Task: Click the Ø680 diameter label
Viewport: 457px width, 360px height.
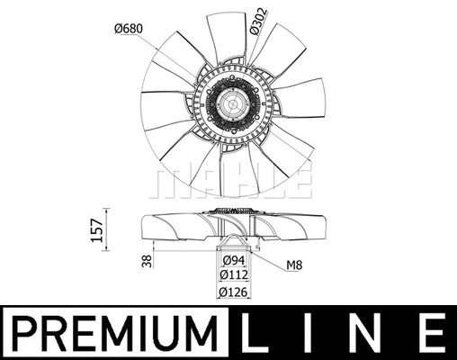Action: pyautogui.click(x=130, y=29)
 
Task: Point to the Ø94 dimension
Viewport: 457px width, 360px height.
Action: pyautogui.click(x=232, y=263)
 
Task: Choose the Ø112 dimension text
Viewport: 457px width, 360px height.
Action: pyautogui.click(x=233, y=277)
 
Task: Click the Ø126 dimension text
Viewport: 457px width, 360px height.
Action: pyautogui.click(x=233, y=292)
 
